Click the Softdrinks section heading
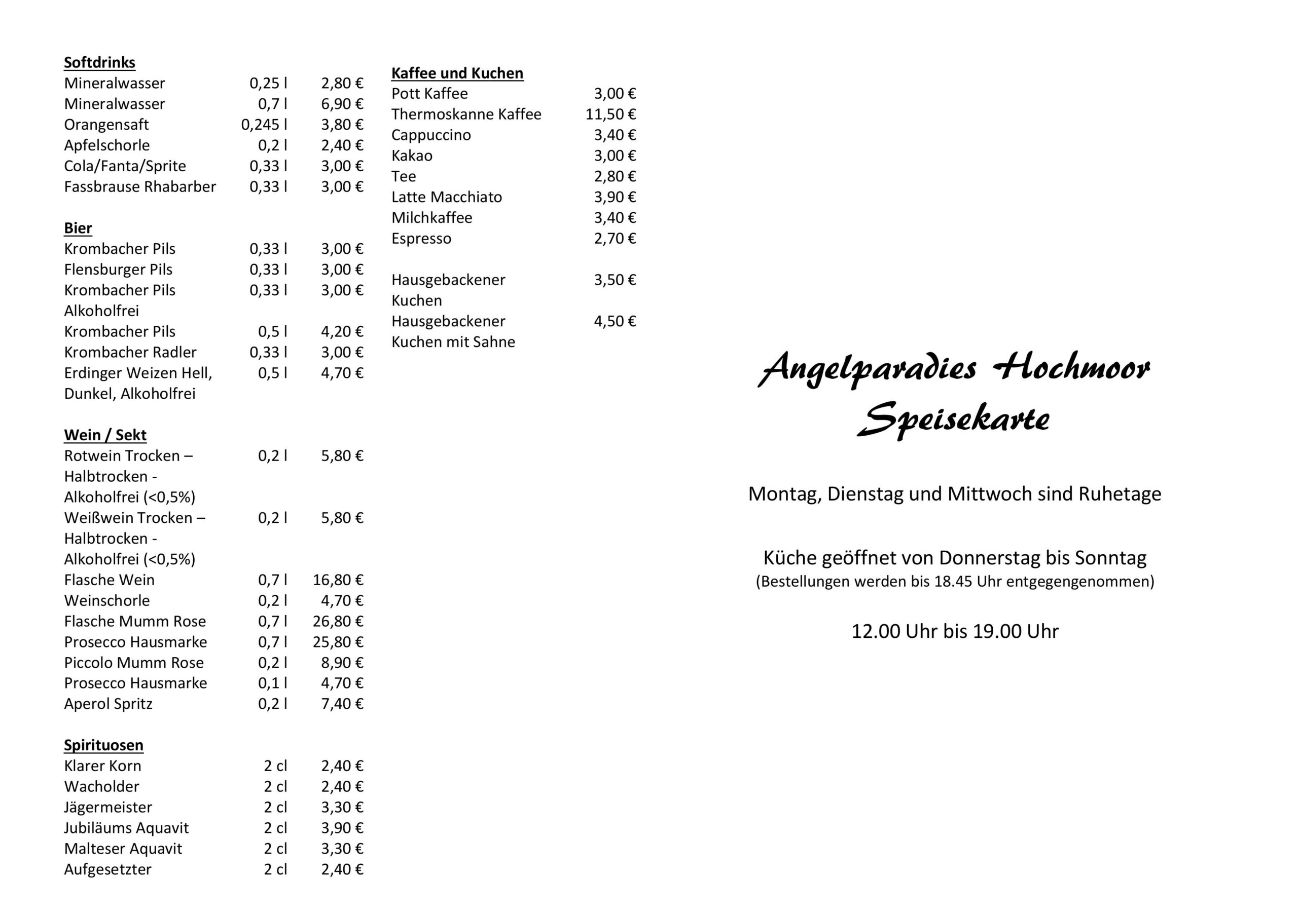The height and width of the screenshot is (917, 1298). [99, 62]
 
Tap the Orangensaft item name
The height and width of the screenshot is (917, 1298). [106, 124]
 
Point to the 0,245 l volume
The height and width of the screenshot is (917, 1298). [264, 124]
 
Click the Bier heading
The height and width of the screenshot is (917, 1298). [78, 228]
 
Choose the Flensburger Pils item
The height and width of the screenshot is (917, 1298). [118, 270]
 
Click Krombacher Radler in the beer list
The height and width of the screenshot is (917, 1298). [130, 352]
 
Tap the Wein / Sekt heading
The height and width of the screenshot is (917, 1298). [105, 435]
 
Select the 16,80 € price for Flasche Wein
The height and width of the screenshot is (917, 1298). [338, 580]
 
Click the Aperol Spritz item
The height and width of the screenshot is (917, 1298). [108, 704]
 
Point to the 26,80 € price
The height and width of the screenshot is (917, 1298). [338, 622]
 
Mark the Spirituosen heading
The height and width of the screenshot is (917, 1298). [103, 745]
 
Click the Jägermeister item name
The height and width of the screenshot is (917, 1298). [108, 808]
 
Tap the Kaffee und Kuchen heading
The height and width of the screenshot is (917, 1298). [457, 73]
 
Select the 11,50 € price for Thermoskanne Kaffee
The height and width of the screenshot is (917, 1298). [610, 114]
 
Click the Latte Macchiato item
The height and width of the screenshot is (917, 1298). [446, 197]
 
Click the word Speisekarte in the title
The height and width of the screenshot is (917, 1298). [953, 419]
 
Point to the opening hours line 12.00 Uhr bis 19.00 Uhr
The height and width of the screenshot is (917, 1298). [954, 631]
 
